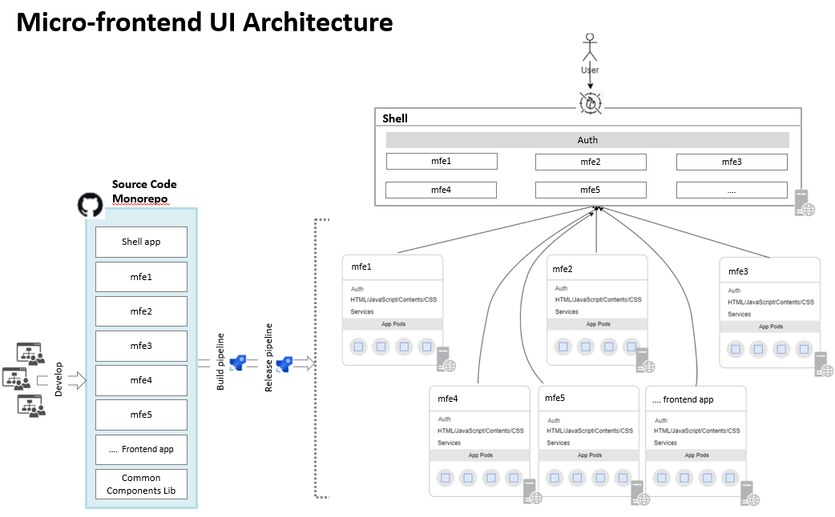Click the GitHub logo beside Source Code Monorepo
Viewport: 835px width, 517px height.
click(91, 205)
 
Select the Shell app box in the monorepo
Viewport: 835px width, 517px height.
click(141, 242)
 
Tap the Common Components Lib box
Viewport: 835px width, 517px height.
click(141, 484)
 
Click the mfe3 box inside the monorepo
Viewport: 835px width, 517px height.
click(141, 346)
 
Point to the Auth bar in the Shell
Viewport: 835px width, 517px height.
click(587, 140)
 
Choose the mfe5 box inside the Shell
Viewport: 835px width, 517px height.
click(591, 190)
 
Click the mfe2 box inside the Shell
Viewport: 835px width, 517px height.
click(591, 162)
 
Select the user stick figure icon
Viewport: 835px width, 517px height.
click(590, 46)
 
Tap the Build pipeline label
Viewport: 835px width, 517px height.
click(221, 362)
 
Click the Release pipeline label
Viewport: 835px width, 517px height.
click(269, 358)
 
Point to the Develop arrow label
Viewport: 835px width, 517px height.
click(58, 379)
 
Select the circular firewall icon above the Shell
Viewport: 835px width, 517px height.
click(591, 102)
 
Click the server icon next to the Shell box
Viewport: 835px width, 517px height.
click(805, 203)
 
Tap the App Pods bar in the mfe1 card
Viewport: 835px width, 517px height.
click(393, 324)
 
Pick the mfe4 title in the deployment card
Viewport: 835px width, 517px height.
click(447, 399)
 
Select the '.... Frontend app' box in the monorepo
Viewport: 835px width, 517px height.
click(141, 449)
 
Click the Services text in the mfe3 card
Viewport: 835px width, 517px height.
click(739, 315)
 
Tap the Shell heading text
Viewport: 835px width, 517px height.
click(395, 118)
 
